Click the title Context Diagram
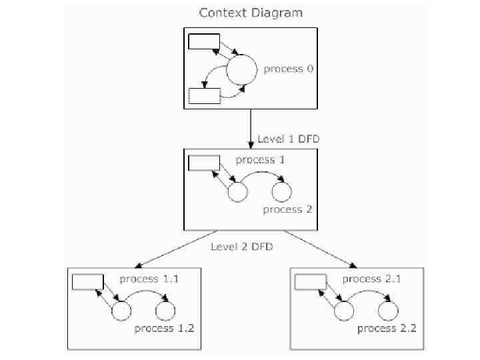(251, 13)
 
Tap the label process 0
(288, 69)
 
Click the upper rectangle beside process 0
(204, 41)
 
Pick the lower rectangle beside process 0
(204, 96)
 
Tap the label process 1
(260, 160)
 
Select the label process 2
(287, 209)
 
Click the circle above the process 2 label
(282, 192)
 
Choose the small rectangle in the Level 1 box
(204, 163)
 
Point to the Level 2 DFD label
(242, 247)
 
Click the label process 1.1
(149, 279)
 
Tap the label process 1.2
(165, 329)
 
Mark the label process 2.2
(387, 329)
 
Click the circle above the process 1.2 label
(165, 311)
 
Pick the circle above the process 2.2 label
(388, 311)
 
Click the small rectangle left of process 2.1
(310, 282)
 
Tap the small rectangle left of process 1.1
(87, 282)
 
